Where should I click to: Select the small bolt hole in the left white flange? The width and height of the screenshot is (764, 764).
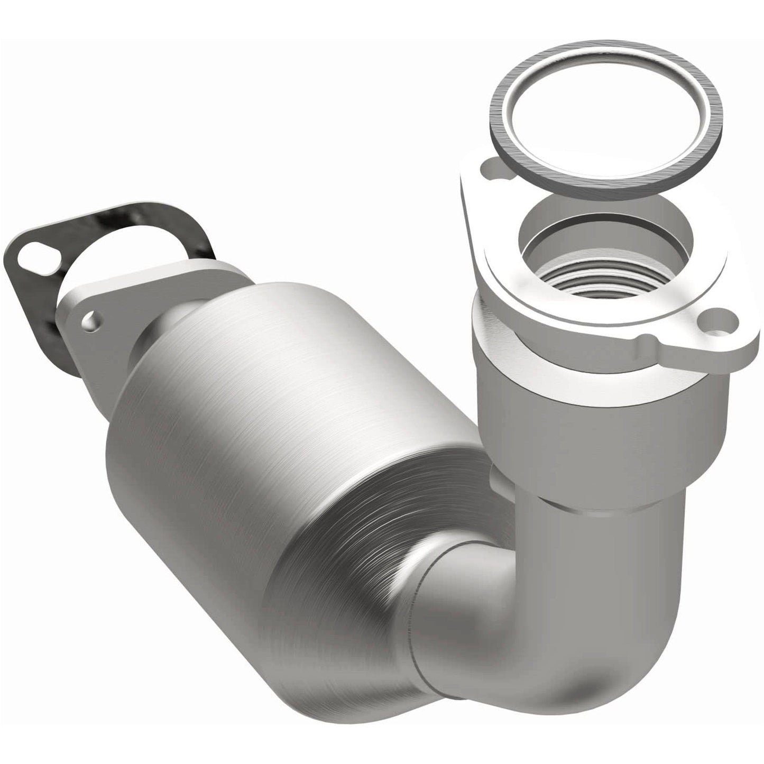[x=95, y=320]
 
